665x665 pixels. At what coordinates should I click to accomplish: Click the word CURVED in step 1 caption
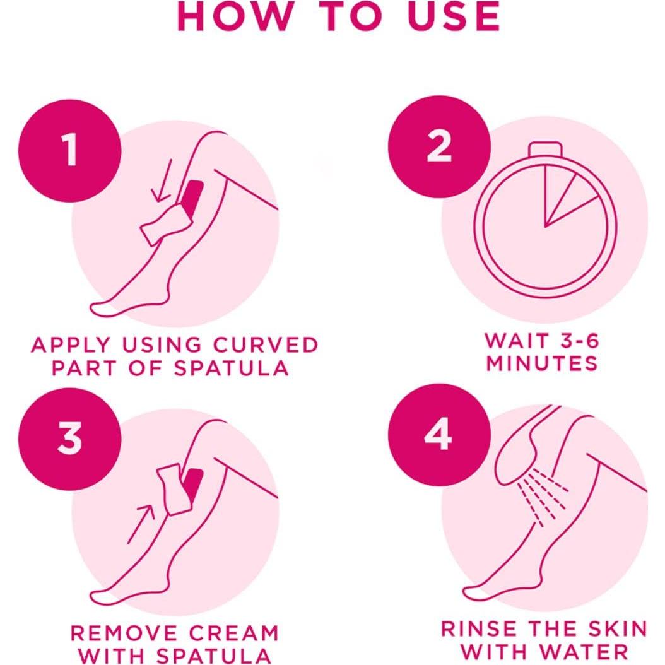point(275,346)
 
